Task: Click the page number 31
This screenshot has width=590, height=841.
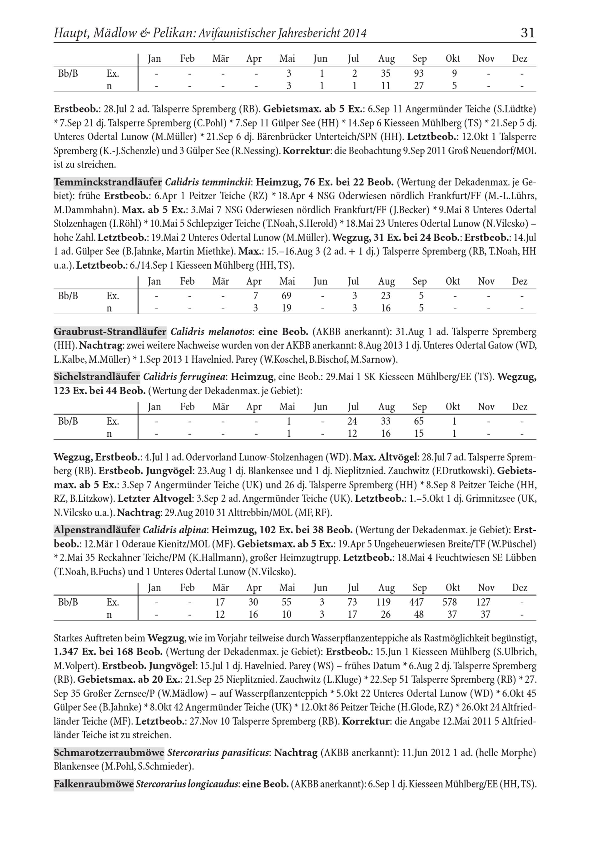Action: [527, 33]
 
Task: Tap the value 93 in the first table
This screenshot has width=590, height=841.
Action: [419, 74]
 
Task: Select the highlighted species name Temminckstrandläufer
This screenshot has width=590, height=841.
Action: [108, 182]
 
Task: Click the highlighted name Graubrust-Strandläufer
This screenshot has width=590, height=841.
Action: [110, 332]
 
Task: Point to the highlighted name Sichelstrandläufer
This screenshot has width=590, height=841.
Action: [97, 377]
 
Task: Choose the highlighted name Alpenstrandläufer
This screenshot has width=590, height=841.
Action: [97, 530]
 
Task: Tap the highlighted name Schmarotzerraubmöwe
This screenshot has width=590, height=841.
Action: [109, 753]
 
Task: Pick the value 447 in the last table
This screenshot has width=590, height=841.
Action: [417, 602]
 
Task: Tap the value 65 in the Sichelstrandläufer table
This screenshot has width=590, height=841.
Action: [419, 421]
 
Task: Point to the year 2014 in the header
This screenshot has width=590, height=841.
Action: [355, 33]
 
